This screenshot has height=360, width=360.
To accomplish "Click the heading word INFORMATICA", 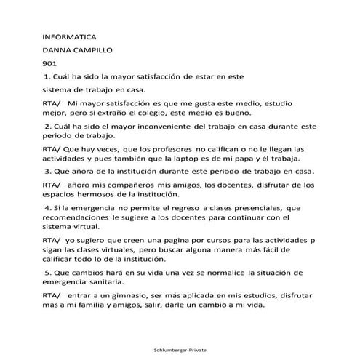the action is (x=70, y=36).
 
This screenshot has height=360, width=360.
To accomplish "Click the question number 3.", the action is (x=47, y=172).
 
